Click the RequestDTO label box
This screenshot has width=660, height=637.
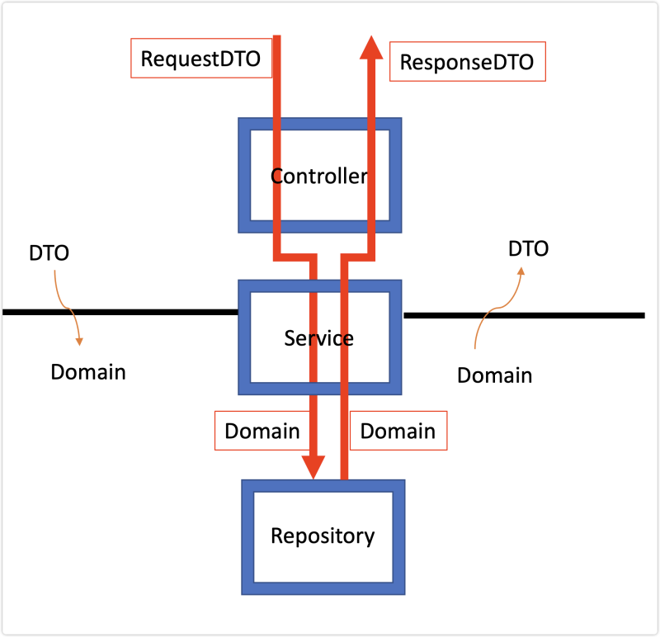(201, 58)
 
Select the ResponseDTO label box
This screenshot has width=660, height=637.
(468, 61)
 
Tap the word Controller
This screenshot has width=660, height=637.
(319, 176)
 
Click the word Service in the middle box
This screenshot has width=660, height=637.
(318, 338)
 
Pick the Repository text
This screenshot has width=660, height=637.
(323, 536)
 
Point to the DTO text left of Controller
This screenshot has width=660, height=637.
(49, 253)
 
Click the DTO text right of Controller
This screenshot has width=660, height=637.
(528, 249)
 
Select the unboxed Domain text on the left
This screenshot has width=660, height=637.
(88, 372)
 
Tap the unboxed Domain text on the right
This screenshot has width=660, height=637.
(494, 375)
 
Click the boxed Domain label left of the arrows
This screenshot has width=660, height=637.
(262, 431)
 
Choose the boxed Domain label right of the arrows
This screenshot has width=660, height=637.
(398, 431)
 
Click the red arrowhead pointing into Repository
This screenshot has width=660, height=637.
(313, 467)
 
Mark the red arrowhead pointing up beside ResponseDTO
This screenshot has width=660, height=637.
(371, 47)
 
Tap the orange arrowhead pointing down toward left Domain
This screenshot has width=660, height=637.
(79, 342)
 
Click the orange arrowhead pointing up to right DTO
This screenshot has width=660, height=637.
(521, 271)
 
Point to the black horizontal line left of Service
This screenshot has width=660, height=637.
(120, 312)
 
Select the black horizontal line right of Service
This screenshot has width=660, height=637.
(524, 315)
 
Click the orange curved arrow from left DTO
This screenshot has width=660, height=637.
(67, 309)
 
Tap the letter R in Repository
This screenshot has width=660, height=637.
(277, 536)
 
